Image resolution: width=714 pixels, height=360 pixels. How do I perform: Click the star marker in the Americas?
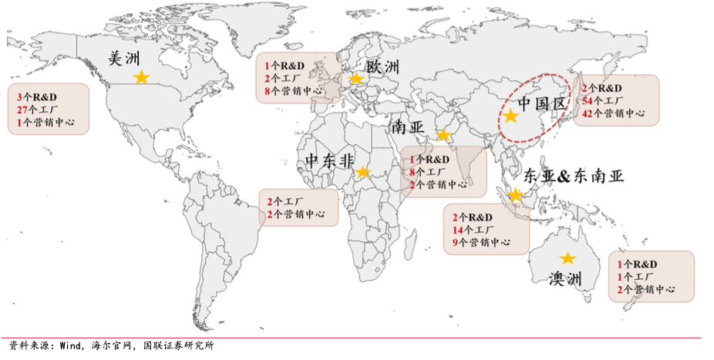(141, 77)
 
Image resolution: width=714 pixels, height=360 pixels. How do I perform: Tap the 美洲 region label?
(123, 58)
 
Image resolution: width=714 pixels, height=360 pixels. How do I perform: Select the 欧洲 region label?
(382, 66)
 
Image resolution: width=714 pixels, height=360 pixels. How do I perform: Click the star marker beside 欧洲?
(356, 79)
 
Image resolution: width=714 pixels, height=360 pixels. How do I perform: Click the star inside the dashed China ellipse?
(510, 116)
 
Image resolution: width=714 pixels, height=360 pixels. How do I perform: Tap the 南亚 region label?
(406, 126)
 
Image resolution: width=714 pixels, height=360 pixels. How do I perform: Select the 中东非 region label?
(329, 160)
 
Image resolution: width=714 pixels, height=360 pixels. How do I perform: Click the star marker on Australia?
(567, 259)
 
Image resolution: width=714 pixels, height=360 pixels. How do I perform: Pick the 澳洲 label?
(565, 278)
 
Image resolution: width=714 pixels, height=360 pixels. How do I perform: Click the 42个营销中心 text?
(613, 113)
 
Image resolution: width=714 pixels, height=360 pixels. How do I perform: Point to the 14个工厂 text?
(473, 229)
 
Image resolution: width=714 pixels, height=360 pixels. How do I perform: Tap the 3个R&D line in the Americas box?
(38, 97)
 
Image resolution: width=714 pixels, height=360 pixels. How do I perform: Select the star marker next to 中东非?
(362, 171)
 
